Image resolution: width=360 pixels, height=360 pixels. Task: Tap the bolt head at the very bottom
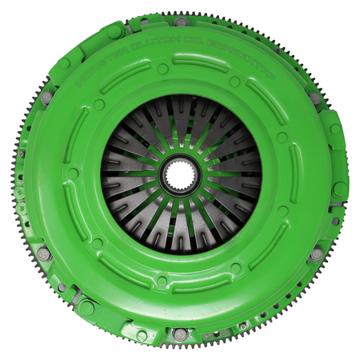click(181, 333)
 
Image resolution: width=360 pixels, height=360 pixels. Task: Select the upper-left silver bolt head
click(47, 97)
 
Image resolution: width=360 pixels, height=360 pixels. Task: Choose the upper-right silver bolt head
click(315, 98)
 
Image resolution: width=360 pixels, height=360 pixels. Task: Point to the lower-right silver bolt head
click(317, 254)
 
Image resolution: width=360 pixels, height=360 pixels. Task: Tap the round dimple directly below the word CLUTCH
click(163, 69)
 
